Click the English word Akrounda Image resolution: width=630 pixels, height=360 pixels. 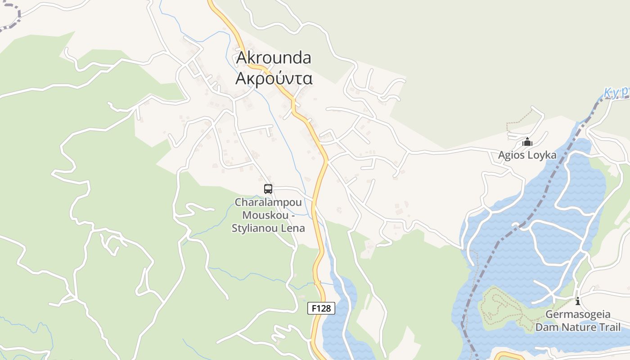click(x=274, y=58)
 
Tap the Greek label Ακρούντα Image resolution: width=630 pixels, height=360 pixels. click(x=274, y=78)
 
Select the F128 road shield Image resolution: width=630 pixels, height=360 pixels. click(x=321, y=308)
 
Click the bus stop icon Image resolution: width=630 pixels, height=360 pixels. click(x=268, y=189)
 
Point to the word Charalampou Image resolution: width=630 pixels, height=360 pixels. click(x=268, y=202)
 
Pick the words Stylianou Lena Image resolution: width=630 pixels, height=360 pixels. click(x=268, y=228)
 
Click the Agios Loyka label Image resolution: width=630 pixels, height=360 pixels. click(x=527, y=155)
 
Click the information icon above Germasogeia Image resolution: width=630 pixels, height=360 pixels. click(x=578, y=301)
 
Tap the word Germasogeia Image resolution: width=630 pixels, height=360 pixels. click(x=578, y=314)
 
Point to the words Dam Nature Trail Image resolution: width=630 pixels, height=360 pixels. click(x=578, y=327)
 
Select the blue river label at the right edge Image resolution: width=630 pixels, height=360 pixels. click(x=616, y=93)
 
